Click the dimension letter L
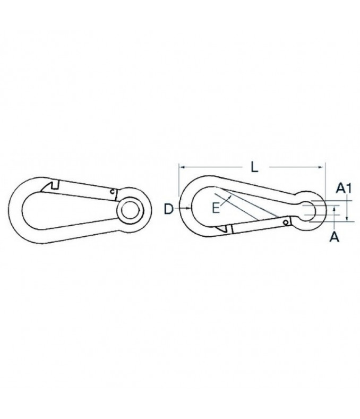tap(255, 168)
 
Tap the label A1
tap(344, 188)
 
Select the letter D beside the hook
tap(169, 209)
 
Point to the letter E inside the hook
tap(216, 208)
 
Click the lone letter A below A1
tap(335, 237)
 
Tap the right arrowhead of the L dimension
tap(321, 167)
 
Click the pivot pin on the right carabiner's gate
tap(286, 223)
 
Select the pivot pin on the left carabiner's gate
tap(113, 191)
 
